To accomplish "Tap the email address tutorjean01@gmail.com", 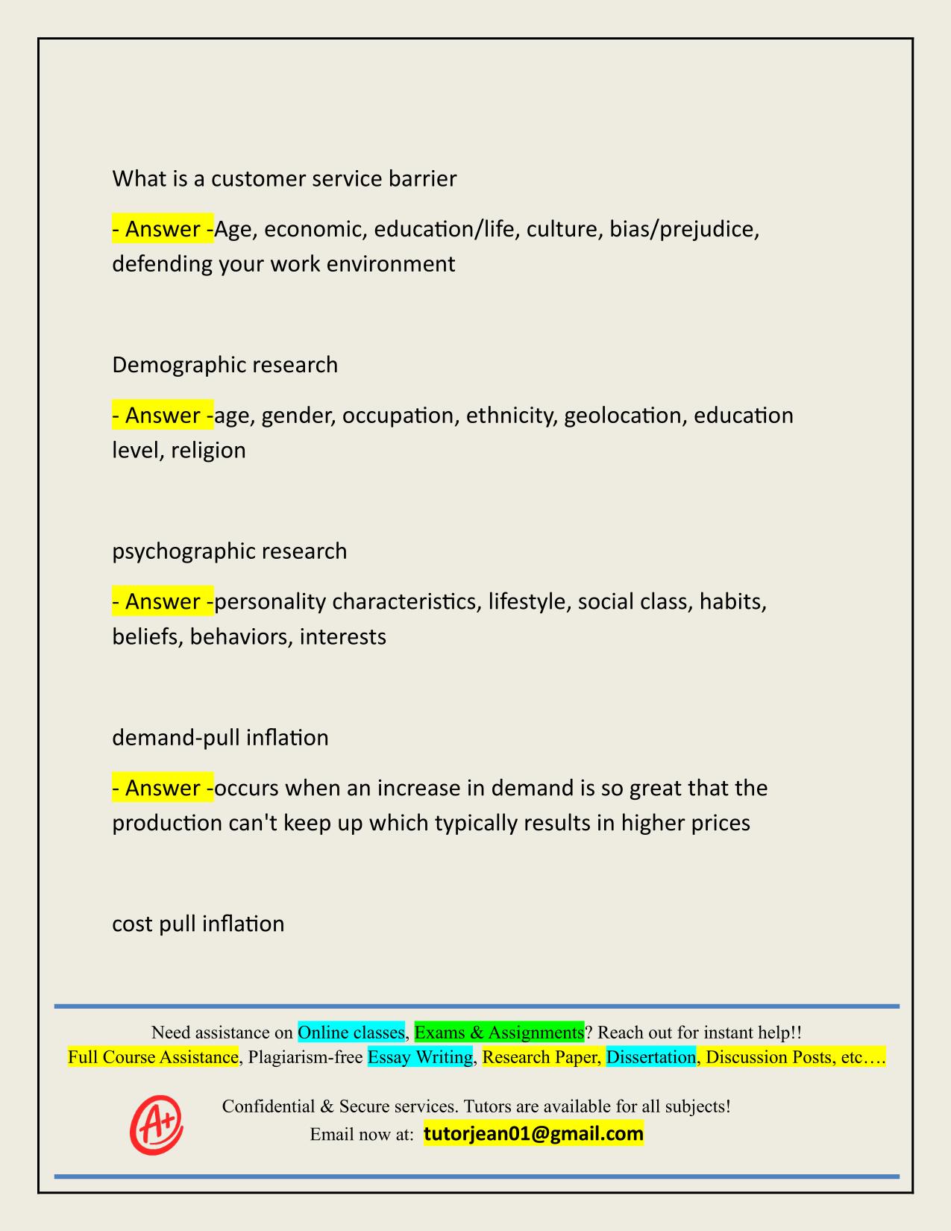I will [533, 1134].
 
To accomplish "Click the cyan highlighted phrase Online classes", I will [351, 1033].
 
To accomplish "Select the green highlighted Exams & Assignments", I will [499, 1033].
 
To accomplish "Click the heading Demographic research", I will [225, 365].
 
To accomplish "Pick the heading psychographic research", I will [229, 551].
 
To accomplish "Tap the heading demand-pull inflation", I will [220, 738].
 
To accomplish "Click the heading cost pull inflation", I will [198, 924].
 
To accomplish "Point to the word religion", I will [208, 451].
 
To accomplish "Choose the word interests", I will [342, 637].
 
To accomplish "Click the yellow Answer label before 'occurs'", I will [163, 788].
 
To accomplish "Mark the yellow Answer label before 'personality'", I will [163, 601].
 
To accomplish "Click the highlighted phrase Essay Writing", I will [420, 1057].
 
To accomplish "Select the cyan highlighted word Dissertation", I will [650, 1057].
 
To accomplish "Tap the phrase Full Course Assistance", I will [153, 1057].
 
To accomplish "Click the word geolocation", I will [624, 416].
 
